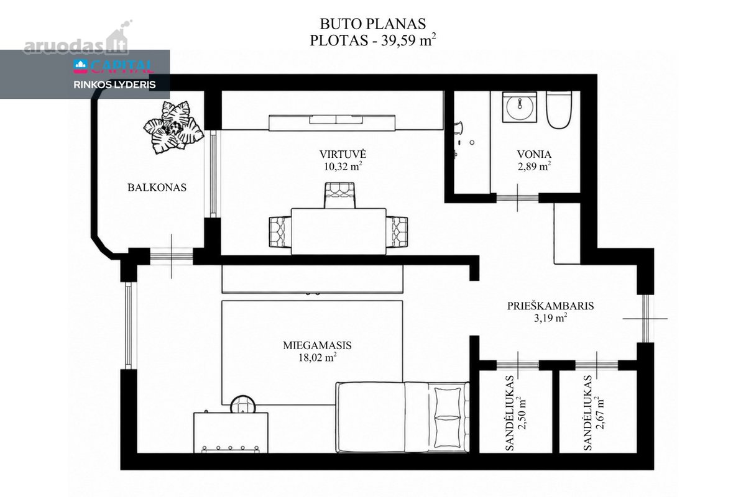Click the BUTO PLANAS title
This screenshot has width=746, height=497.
point(372,24)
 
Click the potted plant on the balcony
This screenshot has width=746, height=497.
point(173,127)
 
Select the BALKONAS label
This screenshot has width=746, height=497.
point(157,188)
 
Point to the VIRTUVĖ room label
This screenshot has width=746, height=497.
point(343,154)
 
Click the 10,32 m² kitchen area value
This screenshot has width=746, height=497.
point(343,166)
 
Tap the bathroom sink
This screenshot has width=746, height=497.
point(520,107)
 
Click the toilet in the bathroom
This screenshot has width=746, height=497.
point(559,110)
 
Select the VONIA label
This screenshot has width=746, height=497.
point(534,155)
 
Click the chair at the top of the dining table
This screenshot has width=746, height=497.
point(339,196)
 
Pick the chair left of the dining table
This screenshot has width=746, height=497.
point(280,232)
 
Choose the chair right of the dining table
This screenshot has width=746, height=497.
point(397,232)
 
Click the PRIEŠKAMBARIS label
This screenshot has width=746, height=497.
point(551,306)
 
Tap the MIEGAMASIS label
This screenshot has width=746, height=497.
point(317,345)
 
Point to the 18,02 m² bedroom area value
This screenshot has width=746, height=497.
point(318,357)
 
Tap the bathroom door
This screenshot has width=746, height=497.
point(517,198)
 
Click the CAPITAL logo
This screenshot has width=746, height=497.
point(114,66)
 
